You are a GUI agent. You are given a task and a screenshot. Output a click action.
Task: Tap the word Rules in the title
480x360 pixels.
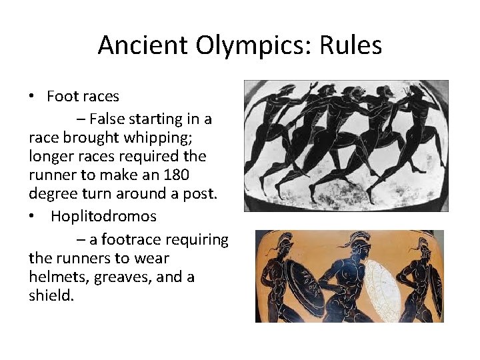point(351,45)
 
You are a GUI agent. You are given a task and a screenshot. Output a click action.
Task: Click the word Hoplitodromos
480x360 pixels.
point(103,216)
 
